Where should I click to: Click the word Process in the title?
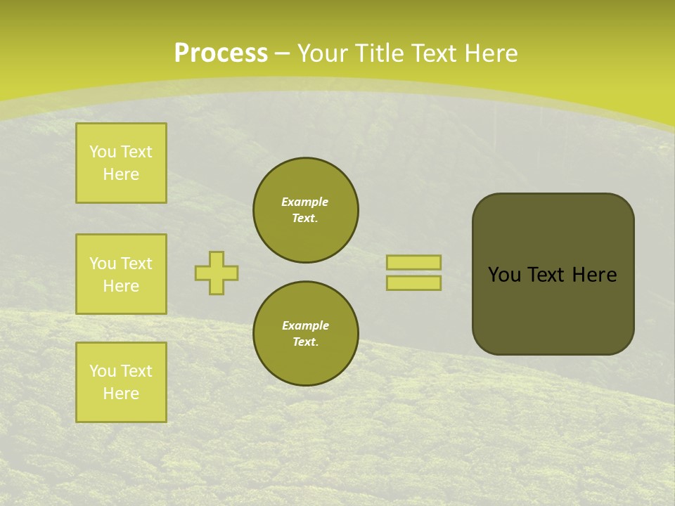(221, 53)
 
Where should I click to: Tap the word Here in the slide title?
(490, 53)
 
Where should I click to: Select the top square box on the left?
(121, 163)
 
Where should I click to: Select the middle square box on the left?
(121, 274)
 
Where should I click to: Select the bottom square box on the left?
(121, 382)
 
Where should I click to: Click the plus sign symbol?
(217, 273)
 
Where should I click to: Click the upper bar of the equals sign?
(413, 262)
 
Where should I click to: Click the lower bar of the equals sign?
(413, 283)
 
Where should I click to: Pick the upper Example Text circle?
(306, 210)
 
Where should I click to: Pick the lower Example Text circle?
(306, 334)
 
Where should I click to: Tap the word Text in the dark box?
(546, 275)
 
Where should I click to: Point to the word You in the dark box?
(504, 275)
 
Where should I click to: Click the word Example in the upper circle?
(305, 202)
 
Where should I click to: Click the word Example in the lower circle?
(305, 325)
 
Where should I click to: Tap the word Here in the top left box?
(121, 174)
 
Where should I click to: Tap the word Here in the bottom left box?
(121, 394)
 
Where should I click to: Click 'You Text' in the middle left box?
(121, 264)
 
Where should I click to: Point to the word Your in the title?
(322, 53)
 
